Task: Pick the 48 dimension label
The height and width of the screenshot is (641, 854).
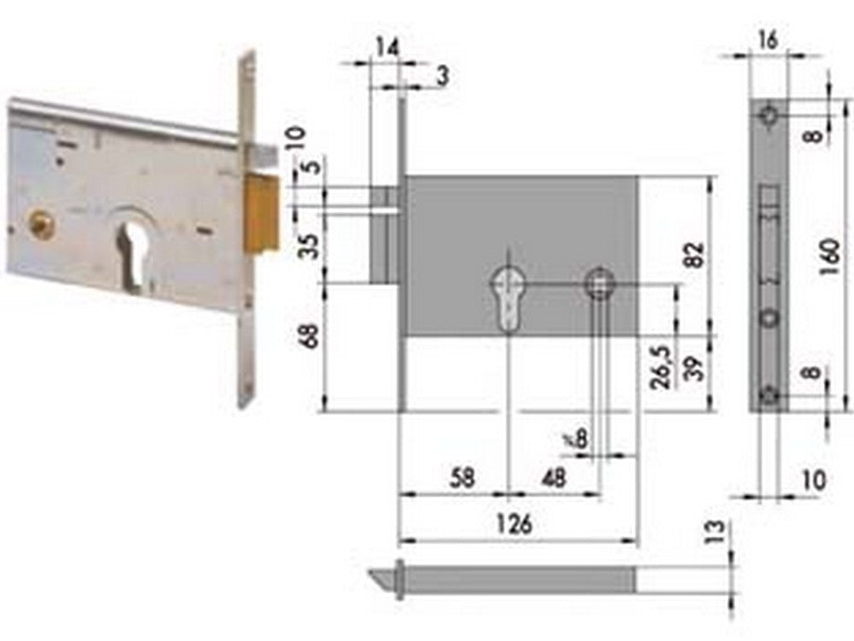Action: click(553, 478)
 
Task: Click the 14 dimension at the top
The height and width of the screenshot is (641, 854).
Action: click(387, 49)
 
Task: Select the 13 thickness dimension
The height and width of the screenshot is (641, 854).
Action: click(716, 531)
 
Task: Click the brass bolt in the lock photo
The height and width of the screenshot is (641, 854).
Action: click(261, 213)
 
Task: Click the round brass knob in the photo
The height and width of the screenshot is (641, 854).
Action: click(39, 224)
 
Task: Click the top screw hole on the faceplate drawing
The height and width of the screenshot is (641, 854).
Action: click(770, 115)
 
